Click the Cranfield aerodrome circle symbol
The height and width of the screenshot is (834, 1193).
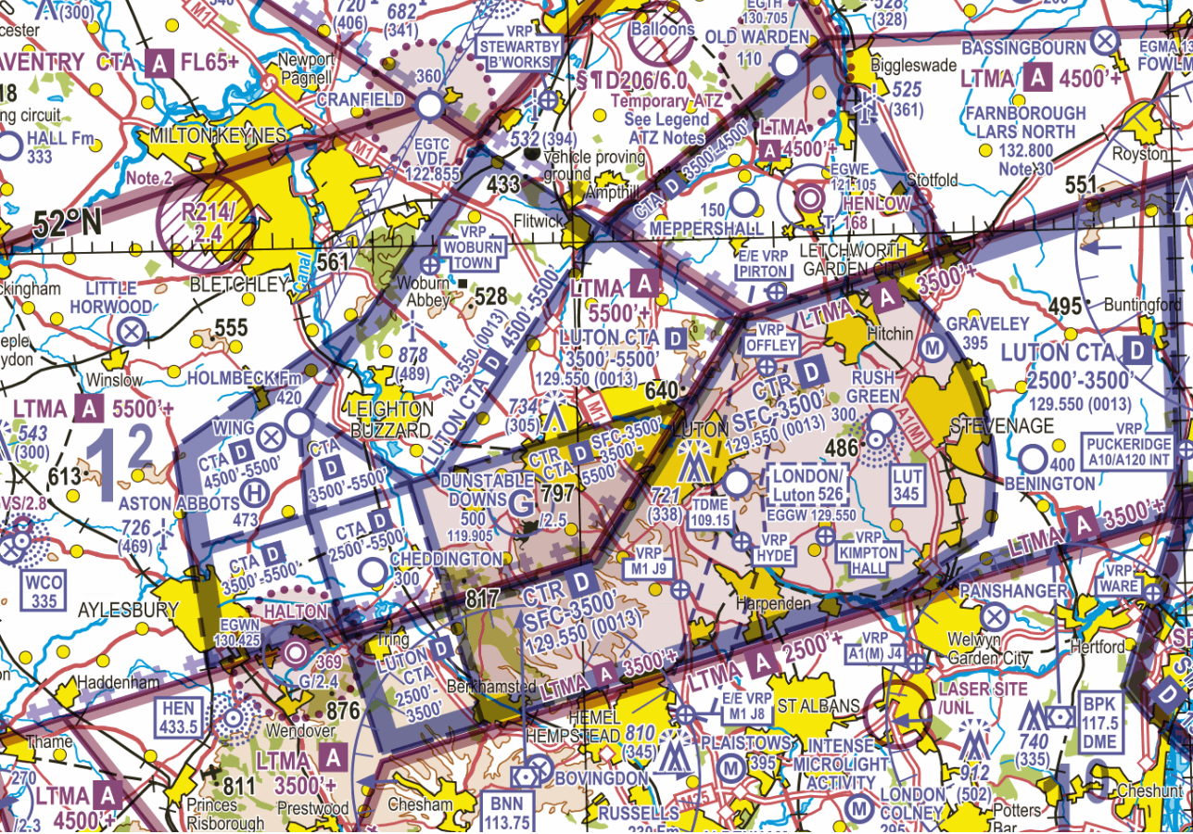429,104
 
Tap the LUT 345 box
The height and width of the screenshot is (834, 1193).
906,485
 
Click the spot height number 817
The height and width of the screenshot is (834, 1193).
482,600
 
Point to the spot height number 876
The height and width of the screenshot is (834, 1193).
343,711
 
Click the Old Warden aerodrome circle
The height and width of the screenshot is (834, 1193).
785,64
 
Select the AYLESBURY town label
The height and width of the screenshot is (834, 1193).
128,611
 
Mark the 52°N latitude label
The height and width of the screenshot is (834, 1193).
68,223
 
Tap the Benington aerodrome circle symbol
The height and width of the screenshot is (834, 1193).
1033,459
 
